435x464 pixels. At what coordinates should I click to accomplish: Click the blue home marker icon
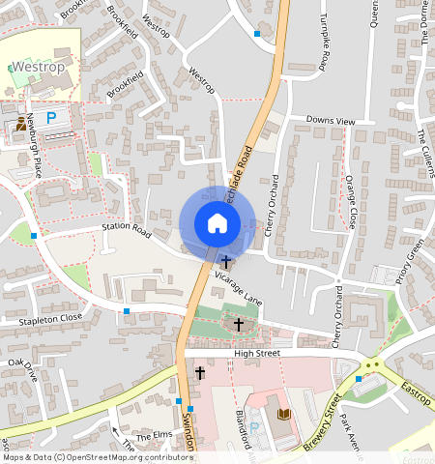(217, 223)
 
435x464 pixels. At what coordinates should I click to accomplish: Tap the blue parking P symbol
(51, 117)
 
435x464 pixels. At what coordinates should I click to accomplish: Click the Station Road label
(128, 231)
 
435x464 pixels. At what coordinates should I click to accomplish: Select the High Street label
(257, 354)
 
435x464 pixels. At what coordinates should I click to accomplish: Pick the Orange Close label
(352, 200)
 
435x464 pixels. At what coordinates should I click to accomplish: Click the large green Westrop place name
(38, 68)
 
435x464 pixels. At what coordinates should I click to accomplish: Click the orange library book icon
(283, 415)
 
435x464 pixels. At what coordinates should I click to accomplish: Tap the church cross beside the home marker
(226, 261)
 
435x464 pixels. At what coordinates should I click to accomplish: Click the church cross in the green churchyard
(239, 326)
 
